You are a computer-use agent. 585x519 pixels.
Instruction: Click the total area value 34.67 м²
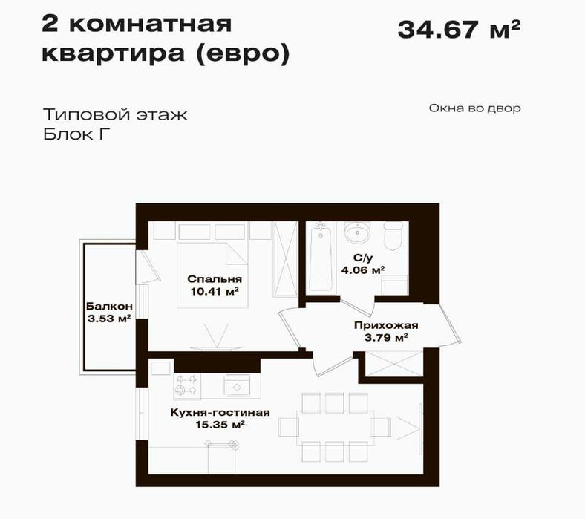point(459,30)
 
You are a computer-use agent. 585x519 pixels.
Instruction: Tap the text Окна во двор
point(474,108)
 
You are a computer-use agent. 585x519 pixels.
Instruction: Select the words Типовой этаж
point(115,114)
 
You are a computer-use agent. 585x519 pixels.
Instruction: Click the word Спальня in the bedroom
point(215,278)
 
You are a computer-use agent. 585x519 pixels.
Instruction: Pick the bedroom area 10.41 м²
point(215,291)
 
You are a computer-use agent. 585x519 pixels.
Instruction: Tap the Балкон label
point(109,307)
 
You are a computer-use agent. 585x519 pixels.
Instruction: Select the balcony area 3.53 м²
point(109,319)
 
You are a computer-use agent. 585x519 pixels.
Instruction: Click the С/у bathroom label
point(363,258)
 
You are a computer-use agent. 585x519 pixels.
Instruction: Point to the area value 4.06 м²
point(363,270)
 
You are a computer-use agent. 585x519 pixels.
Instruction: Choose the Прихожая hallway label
point(386,325)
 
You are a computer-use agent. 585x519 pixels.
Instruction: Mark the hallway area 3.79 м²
point(386,338)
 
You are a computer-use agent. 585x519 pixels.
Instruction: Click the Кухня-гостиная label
point(220,412)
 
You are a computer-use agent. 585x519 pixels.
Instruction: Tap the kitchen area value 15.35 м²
point(220,425)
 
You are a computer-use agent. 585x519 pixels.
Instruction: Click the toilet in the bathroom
point(393,236)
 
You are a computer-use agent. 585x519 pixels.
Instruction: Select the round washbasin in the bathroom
point(357,232)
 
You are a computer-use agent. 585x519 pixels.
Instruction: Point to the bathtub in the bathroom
point(321,257)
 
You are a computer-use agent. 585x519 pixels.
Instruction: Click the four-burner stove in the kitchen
point(187,385)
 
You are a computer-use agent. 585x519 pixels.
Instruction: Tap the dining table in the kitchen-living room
point(336,428)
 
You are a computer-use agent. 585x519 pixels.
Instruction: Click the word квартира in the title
point(114,53)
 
